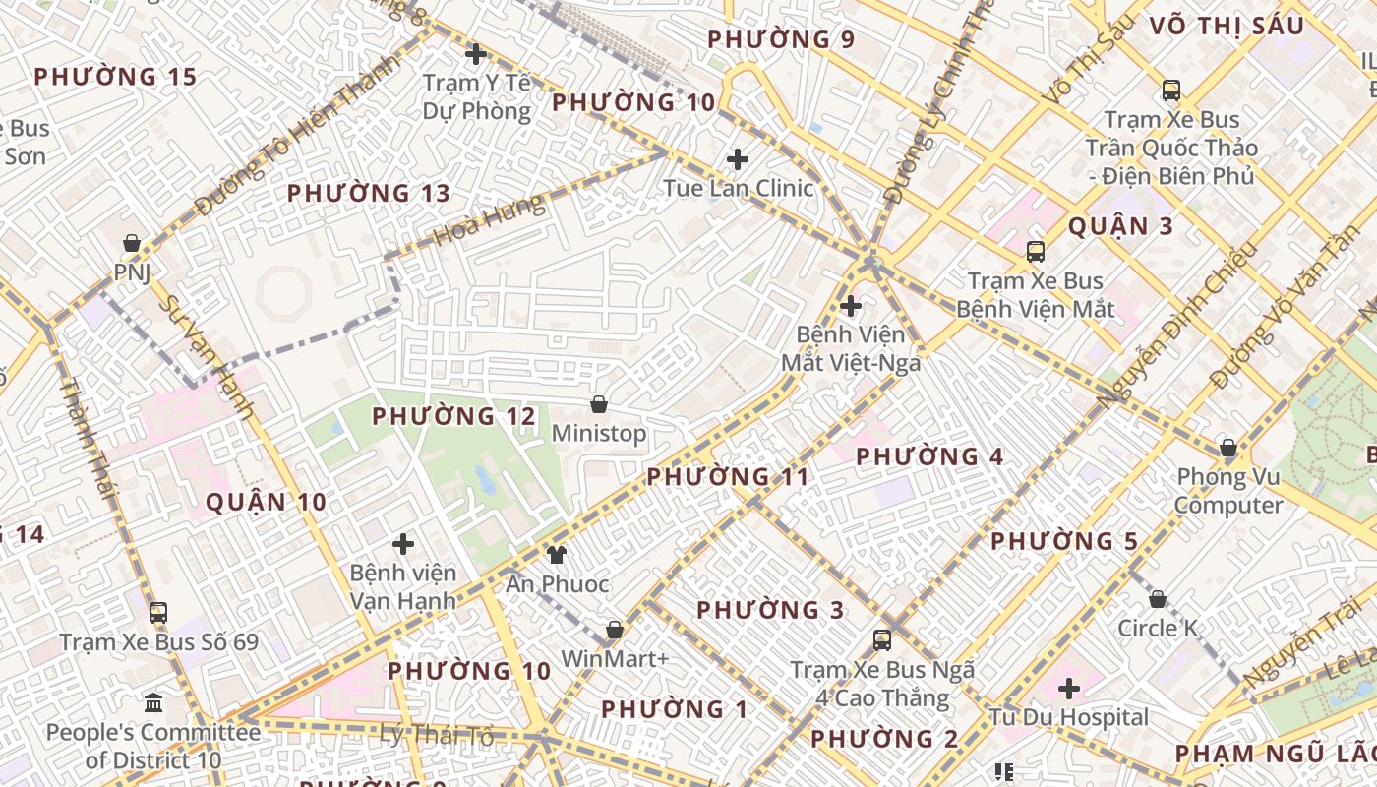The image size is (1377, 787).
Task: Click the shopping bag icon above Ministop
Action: click(x=598, y=404)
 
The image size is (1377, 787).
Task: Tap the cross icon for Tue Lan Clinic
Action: click(x=738, y=159)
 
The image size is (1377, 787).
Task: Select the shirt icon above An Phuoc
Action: click(x=557, y=555)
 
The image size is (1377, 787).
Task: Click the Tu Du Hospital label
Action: click(x=1068, y=717)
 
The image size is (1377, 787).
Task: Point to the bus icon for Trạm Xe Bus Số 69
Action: click(x=158, y=613)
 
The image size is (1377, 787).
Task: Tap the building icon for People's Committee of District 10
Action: click(x=153, y=703)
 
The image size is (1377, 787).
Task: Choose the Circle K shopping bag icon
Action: click(x=1158, y=599)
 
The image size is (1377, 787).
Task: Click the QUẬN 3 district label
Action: click(x=1120, y=226)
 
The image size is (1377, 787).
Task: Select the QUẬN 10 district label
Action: click(x=266, y=503)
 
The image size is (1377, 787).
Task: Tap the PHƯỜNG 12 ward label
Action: click(x=453, y=416)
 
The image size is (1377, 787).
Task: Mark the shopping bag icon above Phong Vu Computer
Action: click(x=1227, y=449)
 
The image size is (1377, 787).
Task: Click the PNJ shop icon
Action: click(x=132, y=243)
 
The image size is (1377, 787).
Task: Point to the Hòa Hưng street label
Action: click(x=489, y=220)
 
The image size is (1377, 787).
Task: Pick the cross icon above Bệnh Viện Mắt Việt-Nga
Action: click(x=851, y=306)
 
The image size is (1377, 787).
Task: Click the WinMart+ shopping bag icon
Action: click(x=615, y=630)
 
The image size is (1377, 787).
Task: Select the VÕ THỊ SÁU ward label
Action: click(x=1227, y=26)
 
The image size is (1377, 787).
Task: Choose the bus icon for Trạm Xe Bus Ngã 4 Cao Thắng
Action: click(x=882, y=640)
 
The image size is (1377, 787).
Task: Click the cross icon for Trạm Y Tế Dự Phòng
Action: click(x=476, y=54)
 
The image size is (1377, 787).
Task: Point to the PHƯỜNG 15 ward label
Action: click(x=115, y=76)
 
